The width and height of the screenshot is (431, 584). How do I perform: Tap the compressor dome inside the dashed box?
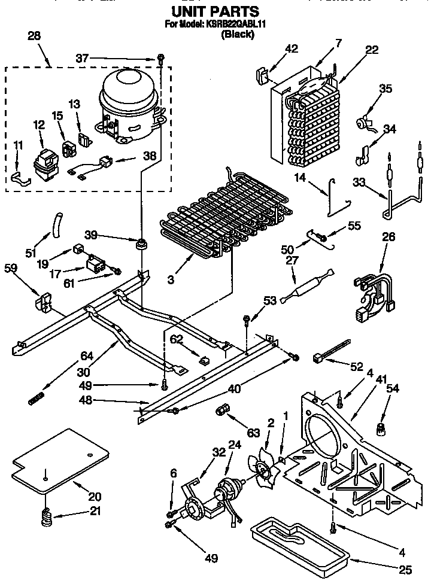pos(128,90)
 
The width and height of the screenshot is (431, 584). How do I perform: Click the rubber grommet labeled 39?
pos(142,244)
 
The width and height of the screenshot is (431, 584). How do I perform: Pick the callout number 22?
pos(371,50)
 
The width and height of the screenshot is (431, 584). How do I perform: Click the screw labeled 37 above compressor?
pos(161,59)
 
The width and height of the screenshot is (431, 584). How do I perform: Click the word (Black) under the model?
pos(238,35)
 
